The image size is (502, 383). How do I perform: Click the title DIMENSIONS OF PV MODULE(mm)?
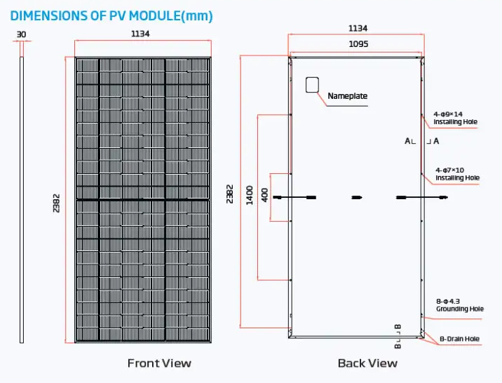[111, 15]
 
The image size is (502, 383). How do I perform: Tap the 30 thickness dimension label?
[21, 34]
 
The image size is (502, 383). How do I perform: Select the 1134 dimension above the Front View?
[140, 34]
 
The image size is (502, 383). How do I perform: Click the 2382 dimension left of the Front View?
[56, 203]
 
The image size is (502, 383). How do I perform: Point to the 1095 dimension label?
[358, 44]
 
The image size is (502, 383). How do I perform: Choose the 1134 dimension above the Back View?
[358, 28]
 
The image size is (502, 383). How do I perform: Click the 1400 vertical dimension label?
[250, 195]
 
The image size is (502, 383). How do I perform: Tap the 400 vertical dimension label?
[265, 195]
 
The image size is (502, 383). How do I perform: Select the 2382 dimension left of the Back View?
[229, 194]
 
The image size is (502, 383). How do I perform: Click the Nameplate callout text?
[347, 95]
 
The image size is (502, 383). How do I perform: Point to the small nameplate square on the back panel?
[312, 85]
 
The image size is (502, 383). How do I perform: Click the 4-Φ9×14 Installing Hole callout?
[455, 118]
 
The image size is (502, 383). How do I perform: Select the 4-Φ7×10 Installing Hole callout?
[457, 174]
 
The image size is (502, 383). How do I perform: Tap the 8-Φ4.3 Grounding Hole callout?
[460, 305]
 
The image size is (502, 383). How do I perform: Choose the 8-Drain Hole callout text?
[459, 339]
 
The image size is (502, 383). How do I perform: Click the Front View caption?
[159, 363]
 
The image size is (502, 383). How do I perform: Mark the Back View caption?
[367, 363]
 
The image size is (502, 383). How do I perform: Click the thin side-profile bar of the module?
[22, 200]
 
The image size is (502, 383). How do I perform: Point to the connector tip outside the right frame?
[443, 198]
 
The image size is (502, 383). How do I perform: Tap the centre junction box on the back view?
[357, 198]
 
